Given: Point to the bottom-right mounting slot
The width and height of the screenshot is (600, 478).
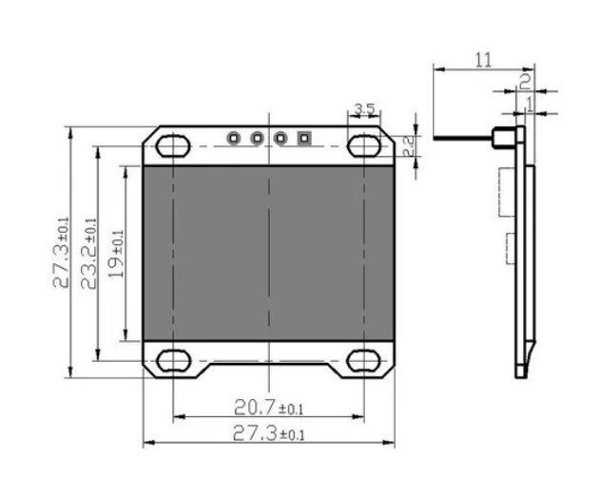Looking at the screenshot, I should pos(364,360).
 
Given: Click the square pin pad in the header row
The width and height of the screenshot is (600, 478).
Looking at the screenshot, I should pos(304,138).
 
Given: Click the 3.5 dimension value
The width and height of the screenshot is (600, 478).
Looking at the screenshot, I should pos(363,109).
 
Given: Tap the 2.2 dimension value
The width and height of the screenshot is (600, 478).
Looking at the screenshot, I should pos(406,145).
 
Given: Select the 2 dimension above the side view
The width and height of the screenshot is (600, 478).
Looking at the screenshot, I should pos(525,79).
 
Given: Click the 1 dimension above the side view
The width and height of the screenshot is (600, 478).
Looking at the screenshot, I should pos(530,99).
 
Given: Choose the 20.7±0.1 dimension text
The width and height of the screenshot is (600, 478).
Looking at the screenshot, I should pos(268,408).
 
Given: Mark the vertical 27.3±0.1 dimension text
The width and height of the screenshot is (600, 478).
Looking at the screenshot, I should pos(61,252).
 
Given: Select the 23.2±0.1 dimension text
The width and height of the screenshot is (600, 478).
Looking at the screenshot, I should pos(88,252).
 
